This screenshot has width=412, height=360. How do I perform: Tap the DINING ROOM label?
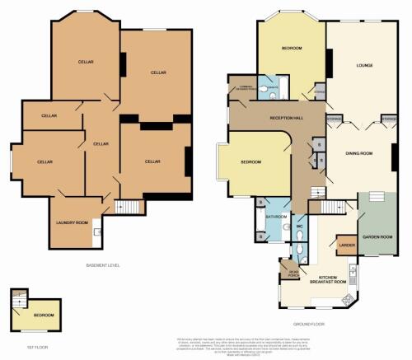pos(359,153)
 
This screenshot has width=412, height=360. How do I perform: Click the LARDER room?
pos(345,244)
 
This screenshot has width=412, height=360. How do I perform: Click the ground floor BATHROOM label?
pos(276,217)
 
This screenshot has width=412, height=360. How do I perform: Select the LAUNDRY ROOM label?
pos(72,223)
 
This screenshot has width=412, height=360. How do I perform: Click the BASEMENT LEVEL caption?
pos(103,264)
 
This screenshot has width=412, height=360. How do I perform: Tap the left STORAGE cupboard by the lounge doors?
pos(334,119)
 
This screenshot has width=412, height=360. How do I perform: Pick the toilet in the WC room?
pos(302,247)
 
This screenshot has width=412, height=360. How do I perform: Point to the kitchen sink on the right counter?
pos(352,269)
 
